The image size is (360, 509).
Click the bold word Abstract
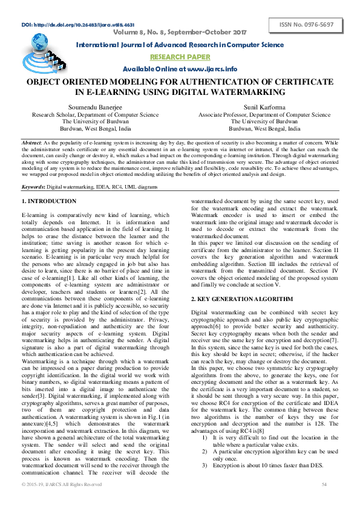[31, 141]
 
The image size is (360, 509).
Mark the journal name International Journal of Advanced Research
[180, 45]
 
